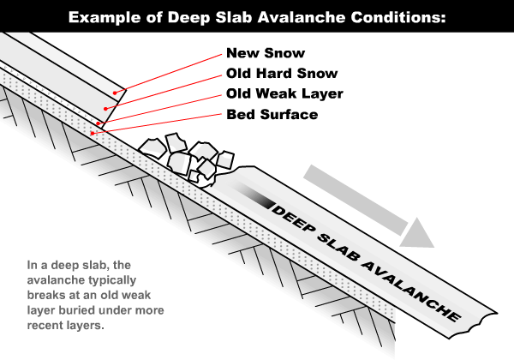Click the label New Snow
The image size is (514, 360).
tap(266, 53)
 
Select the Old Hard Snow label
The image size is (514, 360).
tap(282, 74)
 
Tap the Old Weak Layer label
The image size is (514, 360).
tap(284, 94)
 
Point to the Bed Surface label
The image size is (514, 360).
tap(272, 114)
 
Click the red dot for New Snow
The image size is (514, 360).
tap(115, 93)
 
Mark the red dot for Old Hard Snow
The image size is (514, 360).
tap(105, 109)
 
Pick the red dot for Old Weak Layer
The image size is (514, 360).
tap(98, 123)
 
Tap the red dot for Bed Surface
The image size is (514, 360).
tap(93, 133)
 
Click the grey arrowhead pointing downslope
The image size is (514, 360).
tap(417, 233)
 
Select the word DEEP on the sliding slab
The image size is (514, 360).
tap(293, 219)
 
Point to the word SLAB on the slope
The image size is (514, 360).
tap(338, 247)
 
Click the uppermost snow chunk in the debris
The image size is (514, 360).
tap(176, 142)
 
